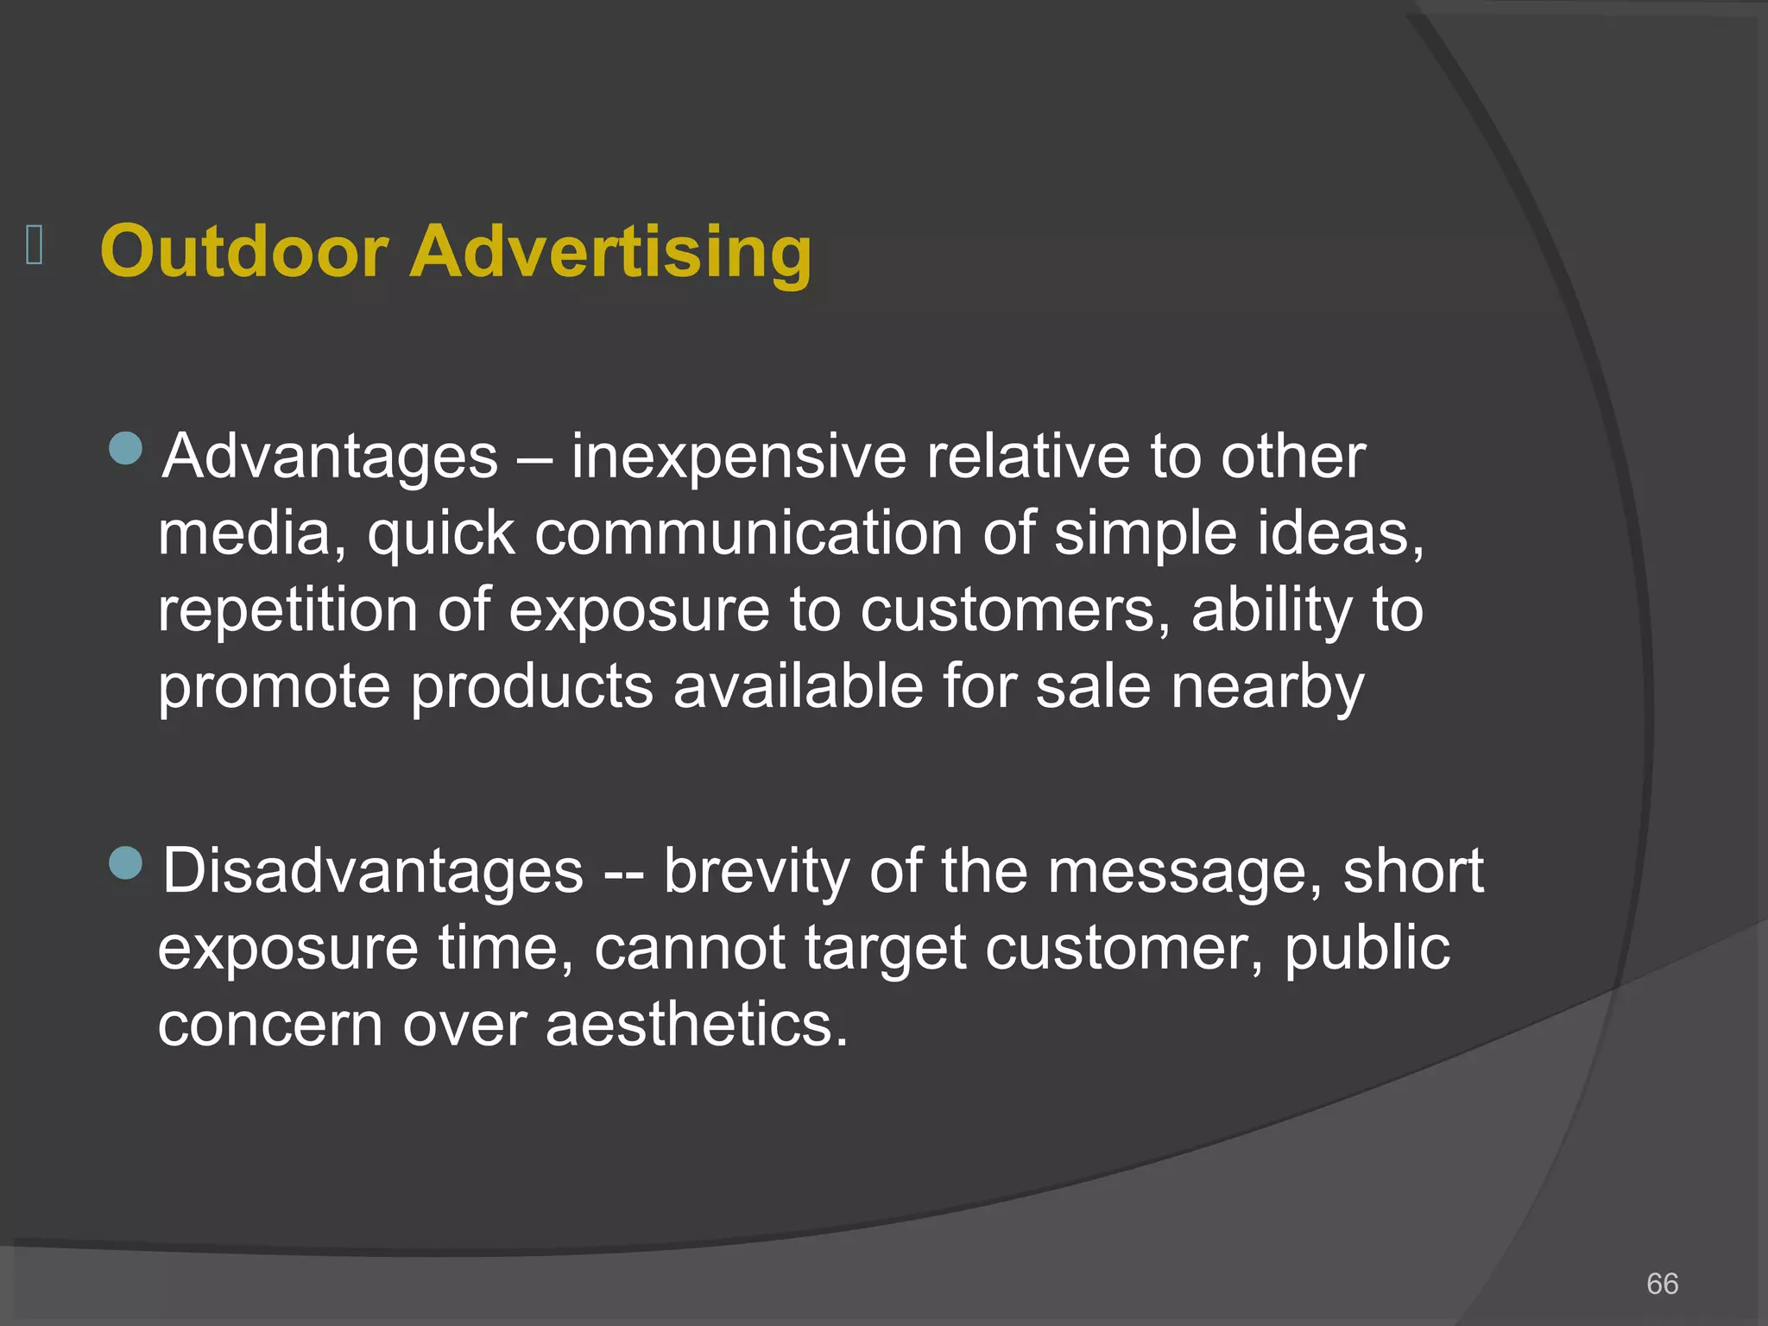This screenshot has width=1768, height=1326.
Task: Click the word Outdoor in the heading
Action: click(x=243, y=251)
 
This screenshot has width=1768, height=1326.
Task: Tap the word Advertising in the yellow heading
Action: click(x=610, y=253)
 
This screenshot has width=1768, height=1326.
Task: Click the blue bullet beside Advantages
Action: click(x=126, y=449)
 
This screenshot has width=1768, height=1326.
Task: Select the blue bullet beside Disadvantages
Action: click(x=126, y=863)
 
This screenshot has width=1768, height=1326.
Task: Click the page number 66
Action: click(x=1662, y=1284)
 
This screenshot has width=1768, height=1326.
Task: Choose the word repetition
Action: click(x=287, y=610)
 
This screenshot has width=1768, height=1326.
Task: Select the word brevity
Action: click(x=756, y=872)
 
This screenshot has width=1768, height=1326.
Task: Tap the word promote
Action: click(x=274, y=689)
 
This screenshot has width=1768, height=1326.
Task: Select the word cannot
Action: click(x=690, y=948)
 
